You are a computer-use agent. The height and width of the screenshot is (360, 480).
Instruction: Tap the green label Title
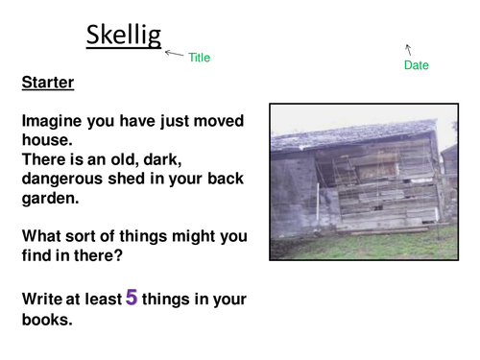coord(199,58)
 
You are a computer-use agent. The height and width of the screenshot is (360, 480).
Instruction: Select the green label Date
coord(417,65)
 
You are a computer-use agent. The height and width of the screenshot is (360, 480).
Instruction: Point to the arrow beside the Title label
coord(173,54)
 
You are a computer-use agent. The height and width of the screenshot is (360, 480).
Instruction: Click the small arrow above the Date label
coord(408,47)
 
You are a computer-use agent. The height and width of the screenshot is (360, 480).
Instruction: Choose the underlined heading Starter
coord(48,84)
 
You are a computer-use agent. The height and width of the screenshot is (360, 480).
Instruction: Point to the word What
coord(41,236)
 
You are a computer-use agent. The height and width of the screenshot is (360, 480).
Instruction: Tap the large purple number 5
coord(132,298)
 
